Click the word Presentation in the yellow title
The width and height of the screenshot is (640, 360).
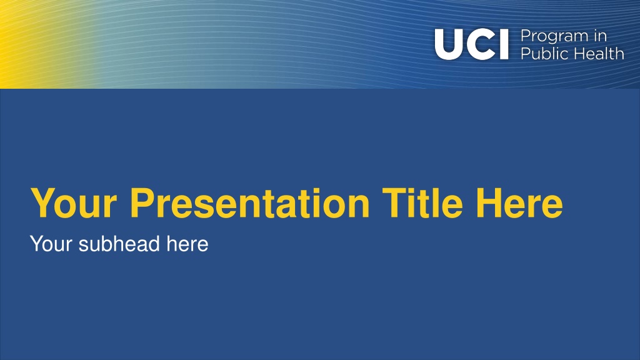click(250, 203)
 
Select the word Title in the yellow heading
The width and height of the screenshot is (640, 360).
click(422, 203)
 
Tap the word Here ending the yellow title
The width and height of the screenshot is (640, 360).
click(519, 203)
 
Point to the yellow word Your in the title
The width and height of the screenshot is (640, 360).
click(74, 203)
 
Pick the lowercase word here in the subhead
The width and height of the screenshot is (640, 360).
click(187, 244)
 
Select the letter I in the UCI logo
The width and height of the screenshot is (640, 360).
click(504, 44)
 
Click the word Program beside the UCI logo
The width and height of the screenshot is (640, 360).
click(554, 37)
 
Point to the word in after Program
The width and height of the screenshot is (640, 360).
click(600, 36)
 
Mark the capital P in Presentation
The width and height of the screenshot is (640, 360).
click(142, 203)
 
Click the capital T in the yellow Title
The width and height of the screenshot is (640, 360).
click(394, 203)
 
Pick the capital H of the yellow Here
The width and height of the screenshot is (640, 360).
click(488, 203)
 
